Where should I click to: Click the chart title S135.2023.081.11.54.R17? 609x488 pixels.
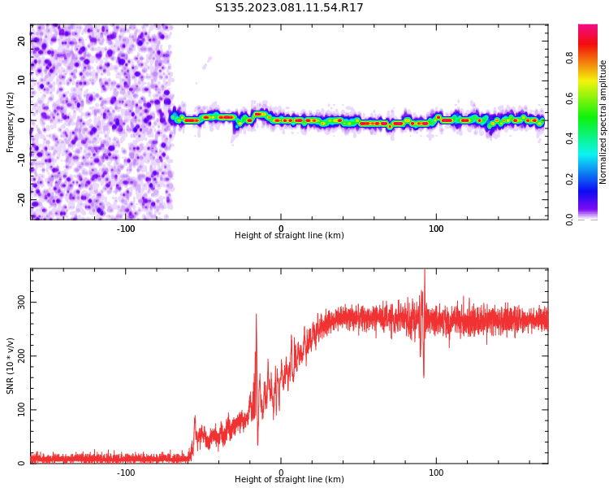[x=289, y=8]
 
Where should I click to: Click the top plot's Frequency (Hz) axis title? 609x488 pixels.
[x=11, y=122]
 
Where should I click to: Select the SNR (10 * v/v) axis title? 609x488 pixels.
[x=11, y=366]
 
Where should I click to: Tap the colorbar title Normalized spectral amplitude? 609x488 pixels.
[x=603, y=122]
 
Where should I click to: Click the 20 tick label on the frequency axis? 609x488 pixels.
[x=22, y=41]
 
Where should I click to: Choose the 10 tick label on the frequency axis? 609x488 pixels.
[x=22, y=81]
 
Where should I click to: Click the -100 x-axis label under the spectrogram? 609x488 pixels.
[x=126, y=228]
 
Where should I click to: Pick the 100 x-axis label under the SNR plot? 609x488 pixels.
[x=436, y=472]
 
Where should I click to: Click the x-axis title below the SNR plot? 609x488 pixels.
[x=289, y=480]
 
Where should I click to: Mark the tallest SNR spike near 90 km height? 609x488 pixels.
[x=424, y=272]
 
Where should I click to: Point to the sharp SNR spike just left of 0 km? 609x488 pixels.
[x=257, y=315]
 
